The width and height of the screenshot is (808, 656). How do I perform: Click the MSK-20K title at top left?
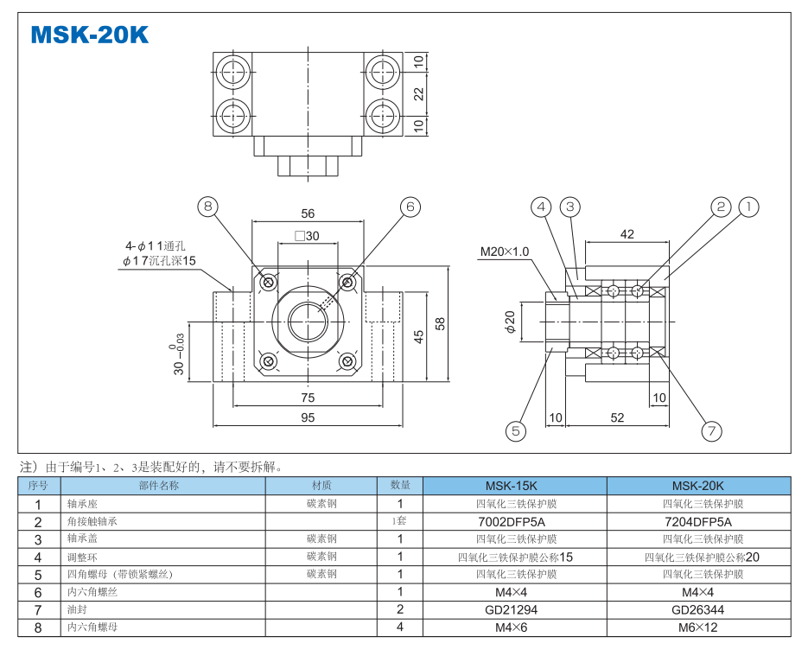tap(90, 34)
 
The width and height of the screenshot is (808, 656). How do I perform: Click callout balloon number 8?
tap(208, 206)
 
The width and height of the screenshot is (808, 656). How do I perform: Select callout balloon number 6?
tap(410, 206)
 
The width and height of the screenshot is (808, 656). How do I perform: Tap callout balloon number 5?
tap(516, 430)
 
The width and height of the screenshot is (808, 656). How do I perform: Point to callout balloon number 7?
tap(711, 430)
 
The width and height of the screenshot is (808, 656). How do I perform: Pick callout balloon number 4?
tap(541, 207)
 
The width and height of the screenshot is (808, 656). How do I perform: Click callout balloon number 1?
tap(748, 207)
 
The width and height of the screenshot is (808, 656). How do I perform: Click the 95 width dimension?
tap(308, 417)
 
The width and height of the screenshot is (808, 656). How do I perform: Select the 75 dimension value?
tap(308, 397)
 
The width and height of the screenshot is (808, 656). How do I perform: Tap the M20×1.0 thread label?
tap(505, 252)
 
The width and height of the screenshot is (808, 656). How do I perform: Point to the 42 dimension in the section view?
tap(627, 234)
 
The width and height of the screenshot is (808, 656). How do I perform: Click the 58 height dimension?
tap(441, 323)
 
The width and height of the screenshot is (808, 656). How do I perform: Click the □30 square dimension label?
tap(307, 236)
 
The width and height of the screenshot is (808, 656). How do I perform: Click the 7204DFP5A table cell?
tap(698, 521)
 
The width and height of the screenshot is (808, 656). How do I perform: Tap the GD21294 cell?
tap(514, 609)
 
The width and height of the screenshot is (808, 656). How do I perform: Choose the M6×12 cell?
tap(698, 627)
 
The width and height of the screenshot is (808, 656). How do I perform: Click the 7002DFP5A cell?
tap(514, 521)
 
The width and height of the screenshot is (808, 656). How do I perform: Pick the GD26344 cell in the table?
tap(698, 609)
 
